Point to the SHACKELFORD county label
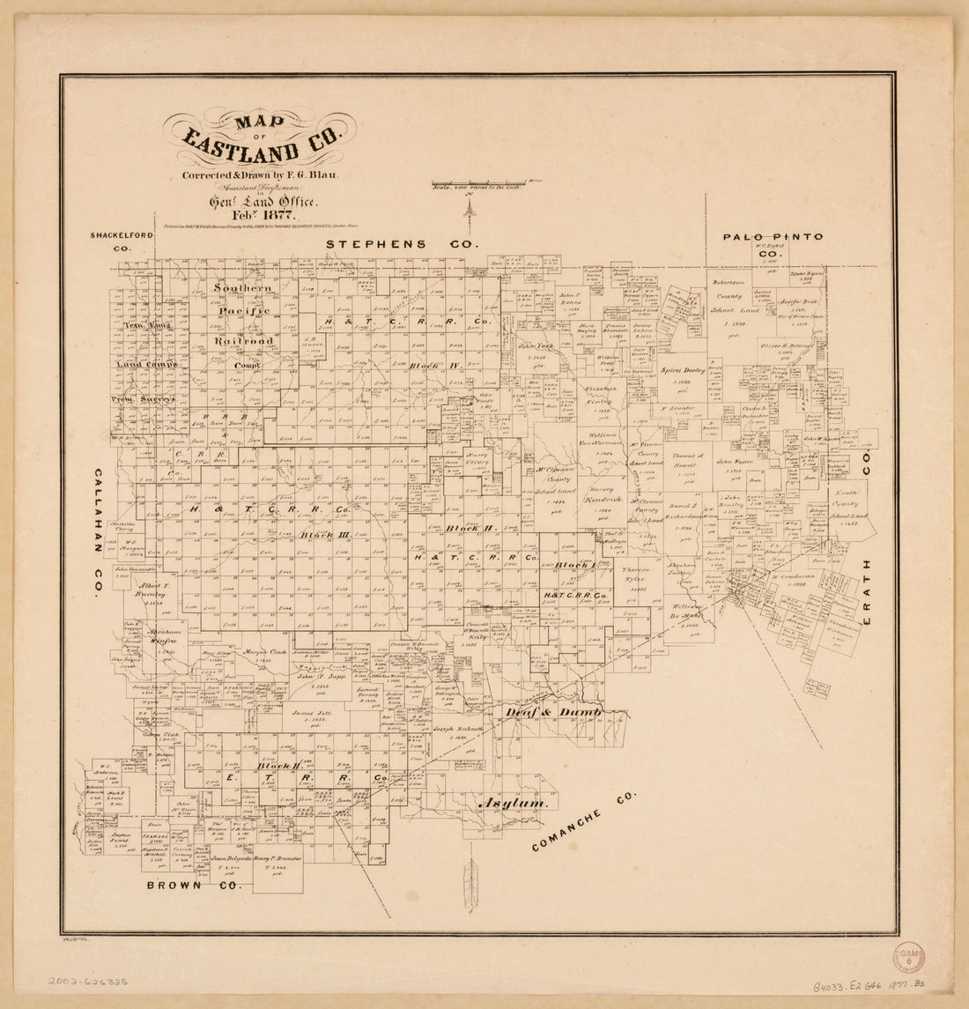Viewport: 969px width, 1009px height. (122, 235)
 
